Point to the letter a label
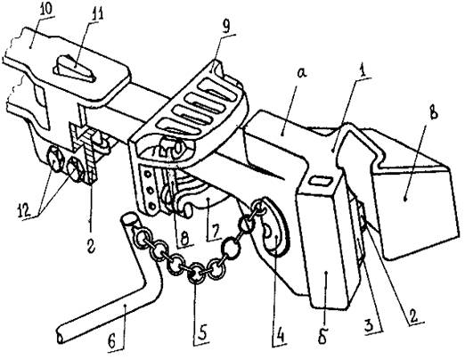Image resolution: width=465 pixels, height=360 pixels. click(301, 73)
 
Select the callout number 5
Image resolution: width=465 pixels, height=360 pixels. click(203, 332)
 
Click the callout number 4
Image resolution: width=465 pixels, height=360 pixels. click(279, 336)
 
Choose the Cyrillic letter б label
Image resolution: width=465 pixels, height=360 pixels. click(322, 337)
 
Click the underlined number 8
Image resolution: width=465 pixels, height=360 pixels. click(185, 239)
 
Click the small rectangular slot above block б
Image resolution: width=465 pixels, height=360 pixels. click(321, 181)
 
